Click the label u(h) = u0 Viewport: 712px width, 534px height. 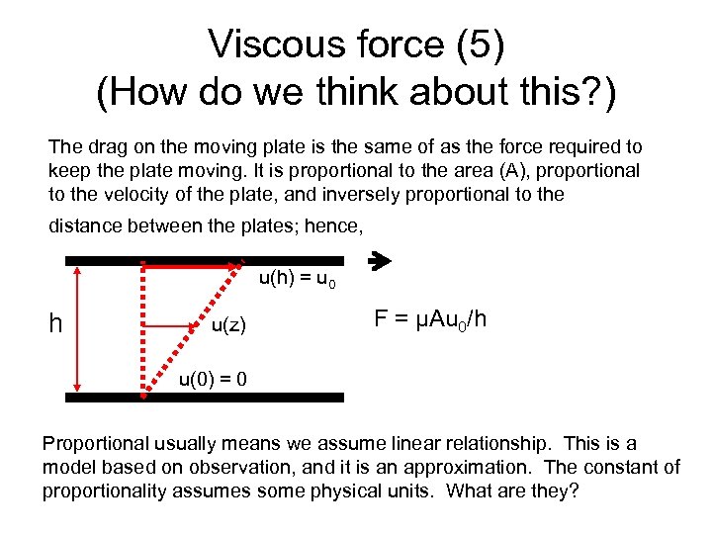pos(297,281)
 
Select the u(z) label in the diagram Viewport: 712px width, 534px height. pos(229,326)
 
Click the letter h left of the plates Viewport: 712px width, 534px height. pos(57,323)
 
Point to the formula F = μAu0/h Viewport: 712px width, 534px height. pos(430,319)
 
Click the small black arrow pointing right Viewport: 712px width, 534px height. pos(379,262)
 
